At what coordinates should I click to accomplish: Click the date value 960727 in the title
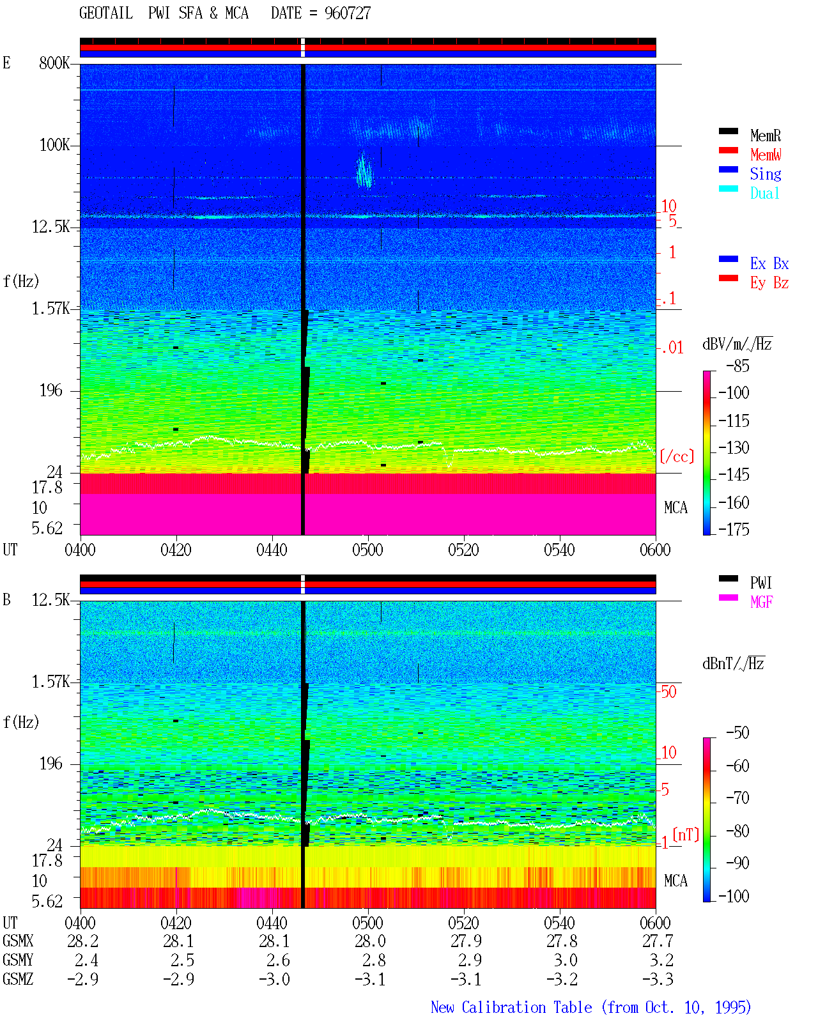pos(347,13)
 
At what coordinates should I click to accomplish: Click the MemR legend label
pos(766,135)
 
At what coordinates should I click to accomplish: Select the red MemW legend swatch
pos(728,150)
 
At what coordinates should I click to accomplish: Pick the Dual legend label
pos(764,193)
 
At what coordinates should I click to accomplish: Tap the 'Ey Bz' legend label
pos(769,283)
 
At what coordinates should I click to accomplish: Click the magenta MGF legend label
pos(761,602)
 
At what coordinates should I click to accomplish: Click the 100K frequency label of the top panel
pos(54,145)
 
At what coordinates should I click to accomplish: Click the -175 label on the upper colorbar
pos(734,529)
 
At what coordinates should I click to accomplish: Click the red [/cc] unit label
pos(677,456)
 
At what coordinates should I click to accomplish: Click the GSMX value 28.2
pos(83,941)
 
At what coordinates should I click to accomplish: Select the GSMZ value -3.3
pos(658,979)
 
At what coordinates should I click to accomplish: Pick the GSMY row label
pos(18,960)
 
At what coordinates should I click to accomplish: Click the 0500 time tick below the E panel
pos(367,550)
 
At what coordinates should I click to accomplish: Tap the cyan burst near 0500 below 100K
pos(364,170)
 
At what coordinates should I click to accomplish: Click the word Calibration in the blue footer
pos(527,1007)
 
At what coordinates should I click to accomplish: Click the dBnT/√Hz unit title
pos(733,664)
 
